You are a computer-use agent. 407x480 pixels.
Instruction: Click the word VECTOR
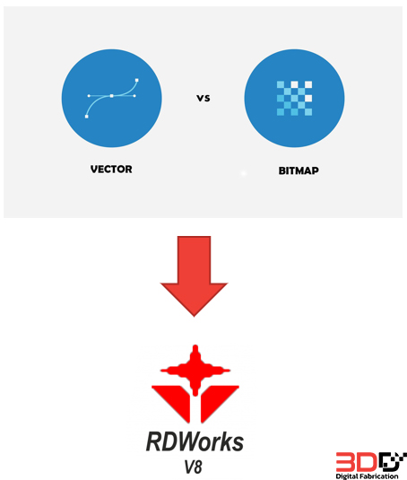(111, 170)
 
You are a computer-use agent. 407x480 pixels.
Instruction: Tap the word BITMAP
(299, 170)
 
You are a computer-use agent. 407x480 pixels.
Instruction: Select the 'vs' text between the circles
(203, 99)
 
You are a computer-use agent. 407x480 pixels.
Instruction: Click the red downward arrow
(195, 275)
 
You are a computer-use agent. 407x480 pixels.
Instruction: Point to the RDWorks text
(195, 441)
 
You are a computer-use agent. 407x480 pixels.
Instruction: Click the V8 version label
(194, 467)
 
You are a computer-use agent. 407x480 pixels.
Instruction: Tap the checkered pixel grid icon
(294, 99)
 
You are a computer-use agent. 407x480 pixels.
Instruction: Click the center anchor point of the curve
(112, 96)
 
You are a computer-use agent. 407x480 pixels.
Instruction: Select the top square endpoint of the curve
(136, 80)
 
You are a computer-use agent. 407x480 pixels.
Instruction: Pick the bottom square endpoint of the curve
(87, 117)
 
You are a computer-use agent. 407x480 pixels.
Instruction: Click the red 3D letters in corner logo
(356, 462)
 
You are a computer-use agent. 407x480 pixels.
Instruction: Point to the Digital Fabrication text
(367, 476)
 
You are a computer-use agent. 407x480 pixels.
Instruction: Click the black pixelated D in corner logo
(393, 462)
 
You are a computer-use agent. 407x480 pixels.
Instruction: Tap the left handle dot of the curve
(89, 96)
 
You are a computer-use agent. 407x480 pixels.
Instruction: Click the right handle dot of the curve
(134, 96)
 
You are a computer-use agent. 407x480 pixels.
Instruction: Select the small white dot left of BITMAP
(244, 173)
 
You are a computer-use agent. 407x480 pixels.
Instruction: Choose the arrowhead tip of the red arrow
(195, 316)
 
